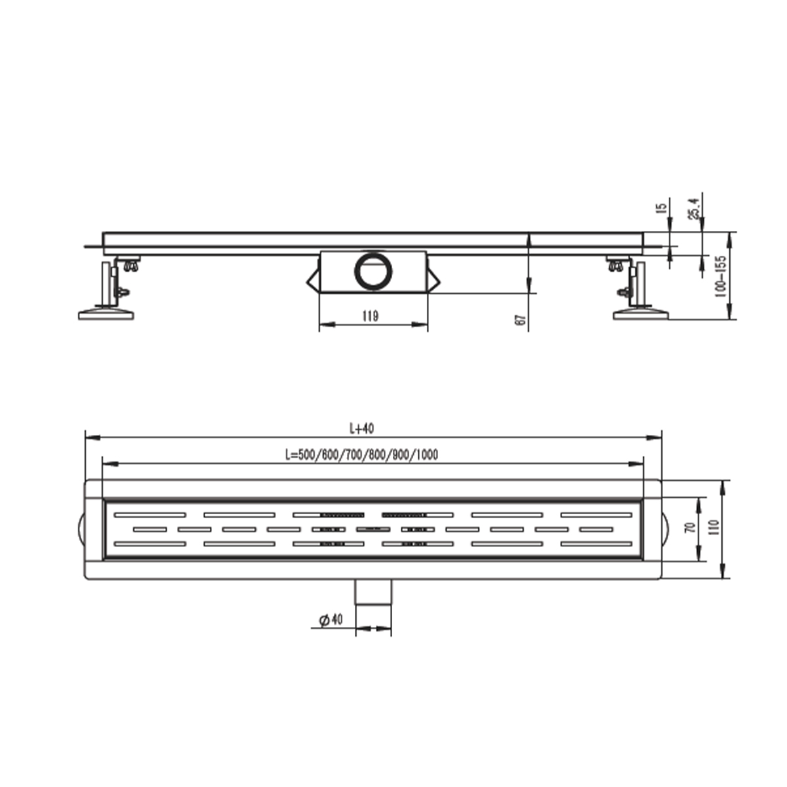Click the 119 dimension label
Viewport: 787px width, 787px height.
point(370,315)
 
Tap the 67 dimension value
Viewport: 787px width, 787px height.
point(520,320)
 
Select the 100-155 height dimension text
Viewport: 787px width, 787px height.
point(721,277)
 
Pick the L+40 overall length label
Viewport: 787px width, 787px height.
point(362,428)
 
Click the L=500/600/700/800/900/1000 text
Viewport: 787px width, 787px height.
point(361,454)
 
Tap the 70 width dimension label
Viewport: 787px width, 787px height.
point(691,527)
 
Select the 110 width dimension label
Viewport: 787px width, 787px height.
point(714,528)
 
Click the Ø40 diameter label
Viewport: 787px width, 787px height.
point(331,620)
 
